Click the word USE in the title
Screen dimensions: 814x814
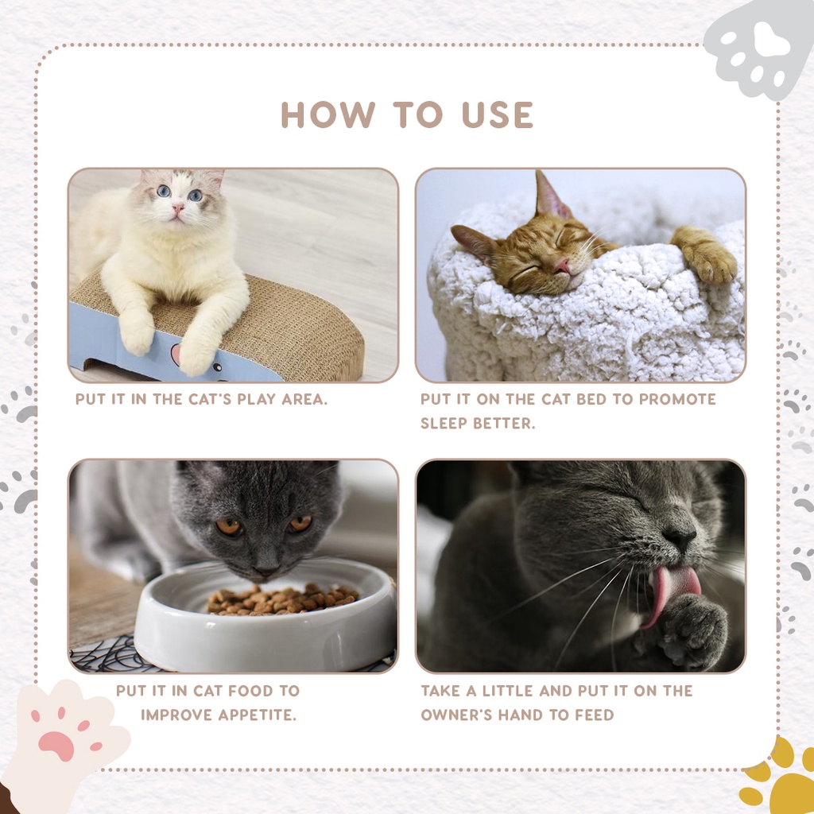pos(498,114)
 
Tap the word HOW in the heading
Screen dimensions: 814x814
pos(328,114)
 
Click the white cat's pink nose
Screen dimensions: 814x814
pos(177,208)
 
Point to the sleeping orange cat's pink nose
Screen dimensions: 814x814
pos(563,266)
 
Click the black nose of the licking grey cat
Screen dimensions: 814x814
pos(680,537)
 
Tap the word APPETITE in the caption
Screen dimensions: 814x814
pos(257,715)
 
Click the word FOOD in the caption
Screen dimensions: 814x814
pos(251,691)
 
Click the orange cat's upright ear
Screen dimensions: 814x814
pos(549,195)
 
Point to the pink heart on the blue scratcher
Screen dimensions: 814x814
pos(176,353)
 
